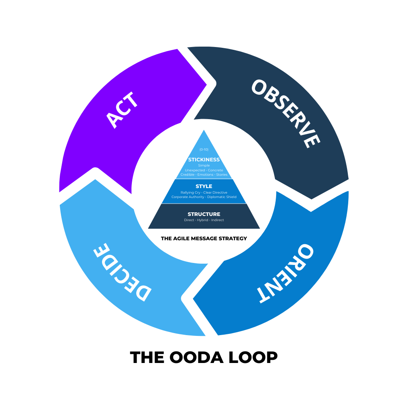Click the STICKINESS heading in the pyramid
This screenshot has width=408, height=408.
click(204, 160)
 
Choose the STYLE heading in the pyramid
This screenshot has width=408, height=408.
click(204, 186)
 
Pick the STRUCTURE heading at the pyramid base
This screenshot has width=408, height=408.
click(204, 214)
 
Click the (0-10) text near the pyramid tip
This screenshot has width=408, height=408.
click(204, 149)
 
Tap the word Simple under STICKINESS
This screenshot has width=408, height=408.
click(204, 165)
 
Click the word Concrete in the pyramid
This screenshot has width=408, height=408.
click(216, 170)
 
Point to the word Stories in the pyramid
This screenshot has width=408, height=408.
click(222, 175)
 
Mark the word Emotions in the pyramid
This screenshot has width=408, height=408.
click(205, 175)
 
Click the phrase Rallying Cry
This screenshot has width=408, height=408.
click(190, 192)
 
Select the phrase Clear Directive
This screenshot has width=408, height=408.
click(215, 192)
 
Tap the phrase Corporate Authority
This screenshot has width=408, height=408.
click(188, 197)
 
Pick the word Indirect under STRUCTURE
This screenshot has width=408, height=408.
click(218, 220)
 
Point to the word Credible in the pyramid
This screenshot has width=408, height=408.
click(187, 175)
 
